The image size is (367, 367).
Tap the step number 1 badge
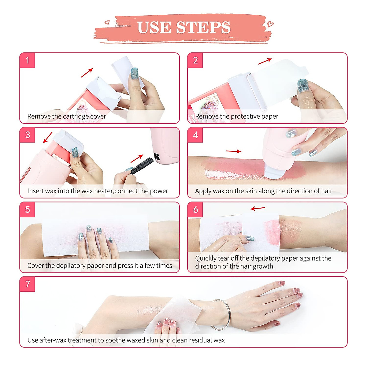28,60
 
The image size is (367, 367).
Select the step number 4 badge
195,135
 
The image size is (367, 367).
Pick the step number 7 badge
28,284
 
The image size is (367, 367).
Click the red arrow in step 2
265,61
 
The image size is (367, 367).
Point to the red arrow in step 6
258,209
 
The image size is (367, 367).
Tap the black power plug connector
141,166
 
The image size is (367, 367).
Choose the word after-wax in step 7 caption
53,340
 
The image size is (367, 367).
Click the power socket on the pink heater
157,157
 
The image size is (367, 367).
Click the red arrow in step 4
234,151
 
